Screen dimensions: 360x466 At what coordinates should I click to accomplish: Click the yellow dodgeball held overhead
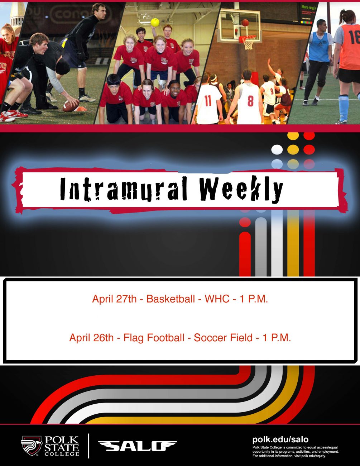(x=155, y=23)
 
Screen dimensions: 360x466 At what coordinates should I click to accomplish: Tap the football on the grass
(x=71, y=106)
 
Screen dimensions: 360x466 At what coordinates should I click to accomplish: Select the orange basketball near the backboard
(x=245, y=23)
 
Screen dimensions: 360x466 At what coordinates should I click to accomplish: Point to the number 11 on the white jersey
(x=208, y=100)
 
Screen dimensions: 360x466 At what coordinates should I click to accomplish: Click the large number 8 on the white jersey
(x=250, y=101)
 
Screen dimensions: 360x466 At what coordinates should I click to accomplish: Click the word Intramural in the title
(x=124, y=189)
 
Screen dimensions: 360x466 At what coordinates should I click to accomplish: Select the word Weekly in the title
(x=241, y=189)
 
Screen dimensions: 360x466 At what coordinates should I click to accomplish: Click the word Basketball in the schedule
(x=171, y=299)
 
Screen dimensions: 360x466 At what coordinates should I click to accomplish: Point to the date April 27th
(x=114, y=299)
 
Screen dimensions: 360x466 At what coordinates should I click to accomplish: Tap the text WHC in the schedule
(x=217, y=299)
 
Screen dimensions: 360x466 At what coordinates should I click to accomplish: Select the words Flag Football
(x=154, y=338)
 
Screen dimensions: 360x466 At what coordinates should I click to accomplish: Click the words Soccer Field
(x=223, y=338)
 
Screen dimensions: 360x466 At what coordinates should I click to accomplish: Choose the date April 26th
(x=91, y=338)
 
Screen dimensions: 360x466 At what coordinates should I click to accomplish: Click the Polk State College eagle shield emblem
(x=31, y=446)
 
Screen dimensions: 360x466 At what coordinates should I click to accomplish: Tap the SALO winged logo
(x=137, y=446)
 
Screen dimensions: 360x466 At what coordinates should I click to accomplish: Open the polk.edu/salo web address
(x=280, y=439)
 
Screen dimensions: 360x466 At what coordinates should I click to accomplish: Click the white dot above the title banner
(x=277, y=149)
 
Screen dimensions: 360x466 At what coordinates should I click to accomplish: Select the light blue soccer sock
(x=344, y=108)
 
